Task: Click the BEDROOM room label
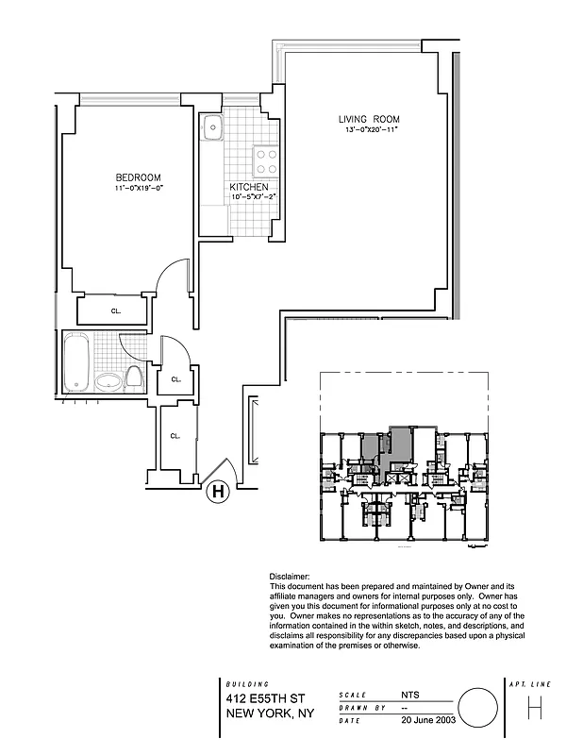[138, 177]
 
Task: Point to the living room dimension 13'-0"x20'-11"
[372, 129]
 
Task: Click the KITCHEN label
[249, 187]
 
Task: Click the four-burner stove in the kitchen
[266, 162]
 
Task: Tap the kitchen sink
[210, 126]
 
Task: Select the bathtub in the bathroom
[77, 363]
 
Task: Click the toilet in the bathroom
[134, 378]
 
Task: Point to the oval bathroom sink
[110, 381]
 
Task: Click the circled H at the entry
[217, 491]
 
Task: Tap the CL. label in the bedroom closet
[115, 309]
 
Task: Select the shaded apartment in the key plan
[401, 444]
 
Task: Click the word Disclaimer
[290, 577]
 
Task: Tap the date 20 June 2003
[429, 720]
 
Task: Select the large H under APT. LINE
[535, 708]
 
